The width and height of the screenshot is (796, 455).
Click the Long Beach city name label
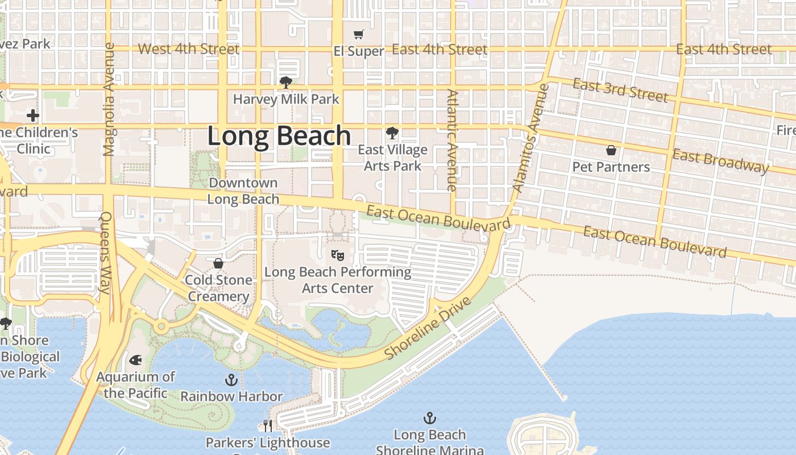pos(279,136)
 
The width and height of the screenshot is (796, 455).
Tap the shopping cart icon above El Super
pos(359,35)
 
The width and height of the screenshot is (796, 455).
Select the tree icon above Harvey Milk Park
pos(286,82)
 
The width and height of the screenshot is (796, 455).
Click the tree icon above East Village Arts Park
pos(392,134)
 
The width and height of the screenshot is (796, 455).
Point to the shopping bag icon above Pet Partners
pos(611,150)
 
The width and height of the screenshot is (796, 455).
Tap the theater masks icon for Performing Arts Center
pos(338,255)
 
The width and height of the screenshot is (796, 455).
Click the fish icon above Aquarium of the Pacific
pos(135,360)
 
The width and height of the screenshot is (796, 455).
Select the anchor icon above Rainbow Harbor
pos(231,379)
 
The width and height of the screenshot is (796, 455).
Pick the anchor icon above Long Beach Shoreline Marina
pos(430,419)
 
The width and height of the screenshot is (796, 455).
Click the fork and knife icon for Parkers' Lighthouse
pos(267,425)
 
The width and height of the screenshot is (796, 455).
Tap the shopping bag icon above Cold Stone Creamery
pos(218,263)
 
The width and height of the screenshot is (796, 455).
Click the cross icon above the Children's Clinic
pos(33,116)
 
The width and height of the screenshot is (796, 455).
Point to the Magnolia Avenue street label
pos(110,100)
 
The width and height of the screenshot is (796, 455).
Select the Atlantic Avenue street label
pos(452,140)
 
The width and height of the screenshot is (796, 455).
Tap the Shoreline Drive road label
pos(428,328)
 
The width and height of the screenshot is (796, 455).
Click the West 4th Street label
pos(188,49)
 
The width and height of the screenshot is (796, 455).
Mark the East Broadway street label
pos(720,161)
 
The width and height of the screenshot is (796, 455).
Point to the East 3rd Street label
pos(620,90)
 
